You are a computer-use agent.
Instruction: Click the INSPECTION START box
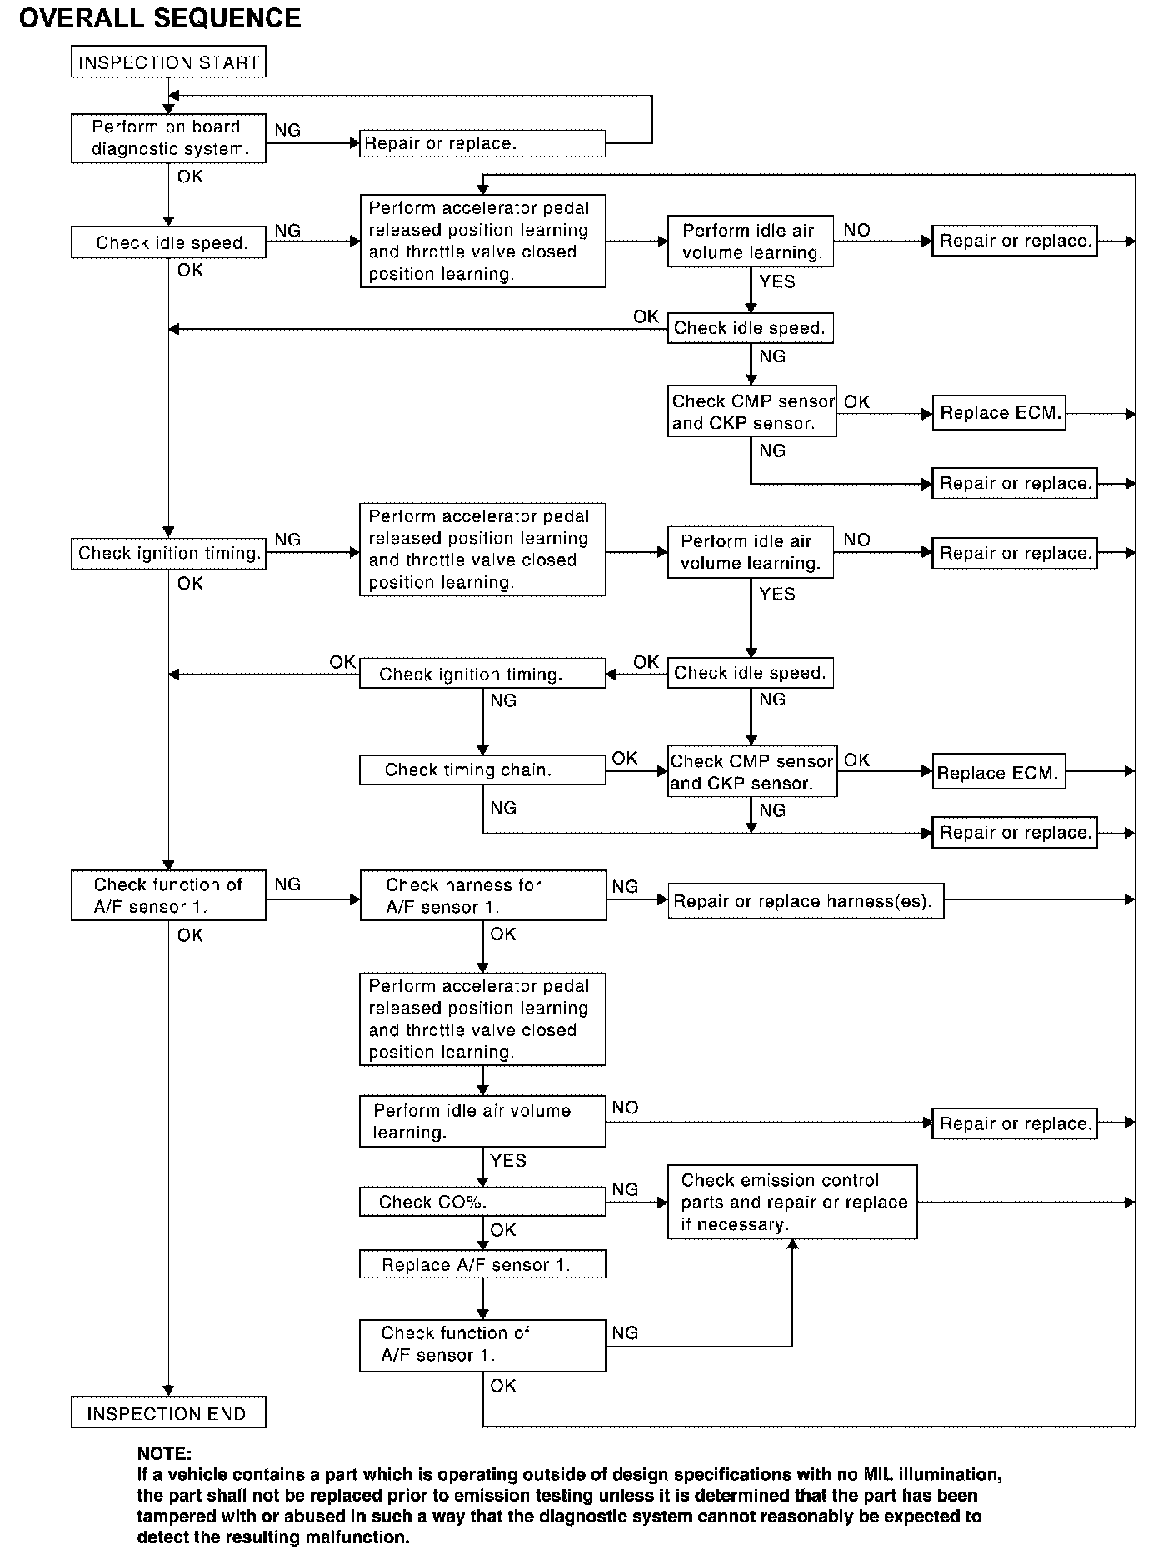tap(168, 62)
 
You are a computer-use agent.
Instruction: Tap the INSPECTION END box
tap(168, 1413)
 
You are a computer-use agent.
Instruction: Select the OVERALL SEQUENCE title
tap(159, 18)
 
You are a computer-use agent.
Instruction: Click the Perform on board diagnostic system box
tap(168, 138)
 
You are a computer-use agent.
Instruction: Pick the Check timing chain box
tap(482, 770)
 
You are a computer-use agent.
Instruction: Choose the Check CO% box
tap(482, 1202)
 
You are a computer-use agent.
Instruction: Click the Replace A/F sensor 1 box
tap(482, 1264)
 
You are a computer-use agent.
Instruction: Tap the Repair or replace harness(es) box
tap(805, 901)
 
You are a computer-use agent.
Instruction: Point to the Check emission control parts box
tap(791, 1202)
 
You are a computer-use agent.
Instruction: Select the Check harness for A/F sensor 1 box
tap(482, 896)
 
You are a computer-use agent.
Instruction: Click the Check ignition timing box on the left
tap(168, 553)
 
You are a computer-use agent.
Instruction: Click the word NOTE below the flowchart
tap(164, 1454)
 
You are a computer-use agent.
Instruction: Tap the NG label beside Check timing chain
tap(503, 808)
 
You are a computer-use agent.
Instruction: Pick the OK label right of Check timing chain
tap(625, 758)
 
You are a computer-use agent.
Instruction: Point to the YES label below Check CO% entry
tap(508, 1160)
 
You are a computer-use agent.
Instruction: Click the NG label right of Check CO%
tap(625, 1189)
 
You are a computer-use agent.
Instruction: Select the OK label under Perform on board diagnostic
tap(190, 177)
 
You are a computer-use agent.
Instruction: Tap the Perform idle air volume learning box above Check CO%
tap(482, 1122)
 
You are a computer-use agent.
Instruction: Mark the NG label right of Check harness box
tap(625, 887)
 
